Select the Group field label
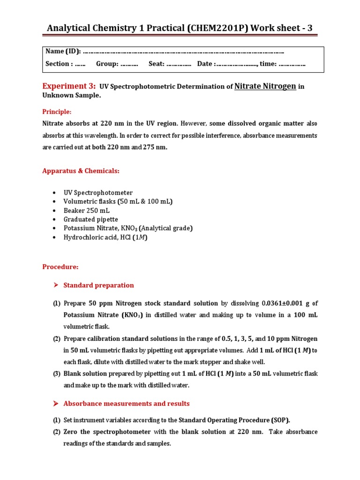click(107, 64)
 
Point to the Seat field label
click(157, 64)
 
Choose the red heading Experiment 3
click(69, 86)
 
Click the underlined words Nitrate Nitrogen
click(265, 86)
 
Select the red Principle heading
click(57, 112)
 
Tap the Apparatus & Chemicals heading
click(81, 171)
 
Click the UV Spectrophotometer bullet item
click(98, 193)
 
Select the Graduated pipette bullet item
click(91, 219)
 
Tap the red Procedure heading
click(60, 267)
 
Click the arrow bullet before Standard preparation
click(55, 285)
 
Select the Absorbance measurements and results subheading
click(127, 404)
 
